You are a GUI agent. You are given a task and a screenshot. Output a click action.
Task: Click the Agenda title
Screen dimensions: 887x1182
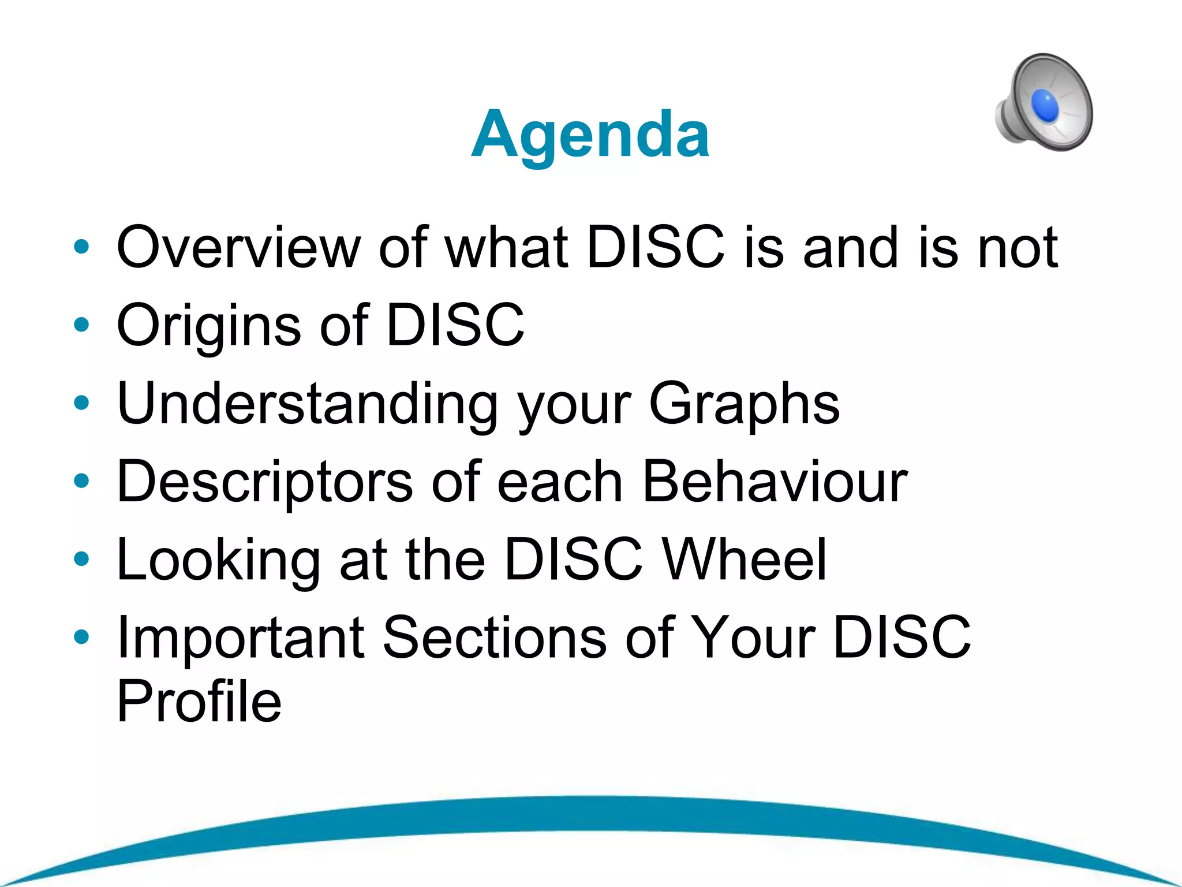click(590, 135)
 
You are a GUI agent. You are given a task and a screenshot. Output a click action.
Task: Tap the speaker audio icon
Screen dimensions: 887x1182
click(1043, 103)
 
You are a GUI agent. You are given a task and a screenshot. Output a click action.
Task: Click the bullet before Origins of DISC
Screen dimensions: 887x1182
click(81, 325)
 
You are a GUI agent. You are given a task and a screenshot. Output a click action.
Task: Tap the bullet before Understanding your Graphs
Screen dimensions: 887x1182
click(81, 402)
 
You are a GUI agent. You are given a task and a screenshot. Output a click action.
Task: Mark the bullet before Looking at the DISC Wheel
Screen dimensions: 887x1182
click(81, 558)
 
